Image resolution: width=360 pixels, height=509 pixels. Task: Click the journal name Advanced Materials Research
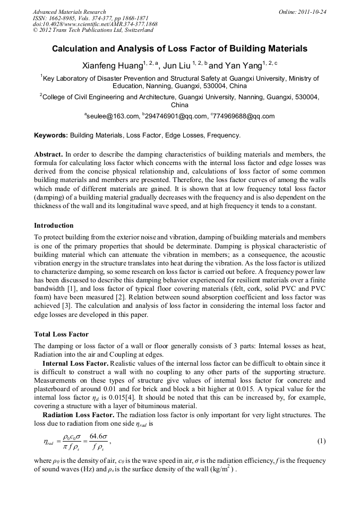pyautogui.click(x=69, y=12)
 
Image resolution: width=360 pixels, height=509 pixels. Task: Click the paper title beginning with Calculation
pyautogui.click(x=179, y=49)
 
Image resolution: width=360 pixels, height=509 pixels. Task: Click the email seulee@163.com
pyautogui.click(x=112, y=116)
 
